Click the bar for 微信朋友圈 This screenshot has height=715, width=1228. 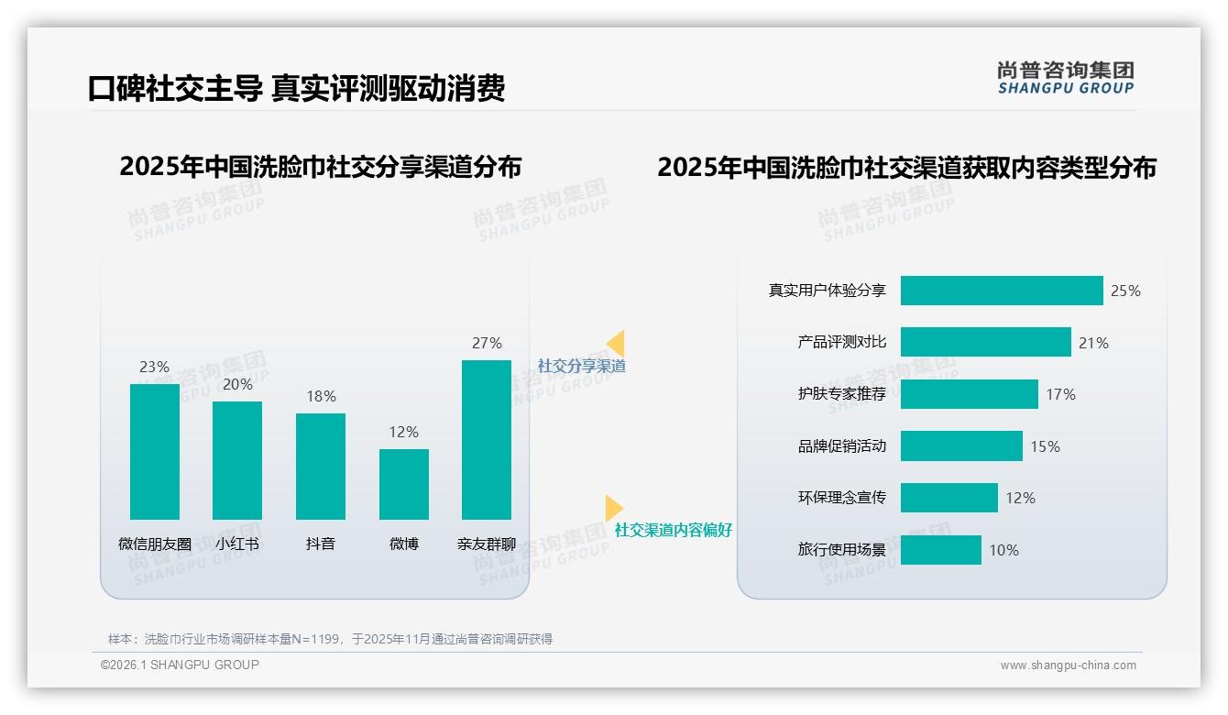pos(155,451)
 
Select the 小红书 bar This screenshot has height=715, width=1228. pos(237,460)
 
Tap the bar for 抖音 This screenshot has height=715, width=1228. pos(321,466)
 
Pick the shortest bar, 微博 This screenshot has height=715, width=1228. pos(404,484)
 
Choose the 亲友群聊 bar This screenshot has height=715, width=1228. pos(487,439)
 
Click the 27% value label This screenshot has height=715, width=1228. pos(487,343)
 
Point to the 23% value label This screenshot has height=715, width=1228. pos(155,367)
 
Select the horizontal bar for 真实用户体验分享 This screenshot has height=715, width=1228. pos(1002,291)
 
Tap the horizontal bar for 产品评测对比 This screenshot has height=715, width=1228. pos(985,342)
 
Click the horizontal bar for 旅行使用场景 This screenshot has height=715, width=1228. pos(940,550)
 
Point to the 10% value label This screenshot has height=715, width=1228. pos(1003,550)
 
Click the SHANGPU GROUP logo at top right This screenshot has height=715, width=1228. pos(1066,78)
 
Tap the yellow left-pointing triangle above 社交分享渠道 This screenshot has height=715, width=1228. pos(616,343)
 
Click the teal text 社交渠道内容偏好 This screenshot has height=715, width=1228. pos(674,530)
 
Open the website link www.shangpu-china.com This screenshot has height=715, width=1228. pos(1068,665)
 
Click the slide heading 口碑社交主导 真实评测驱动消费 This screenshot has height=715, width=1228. pos(296,89)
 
